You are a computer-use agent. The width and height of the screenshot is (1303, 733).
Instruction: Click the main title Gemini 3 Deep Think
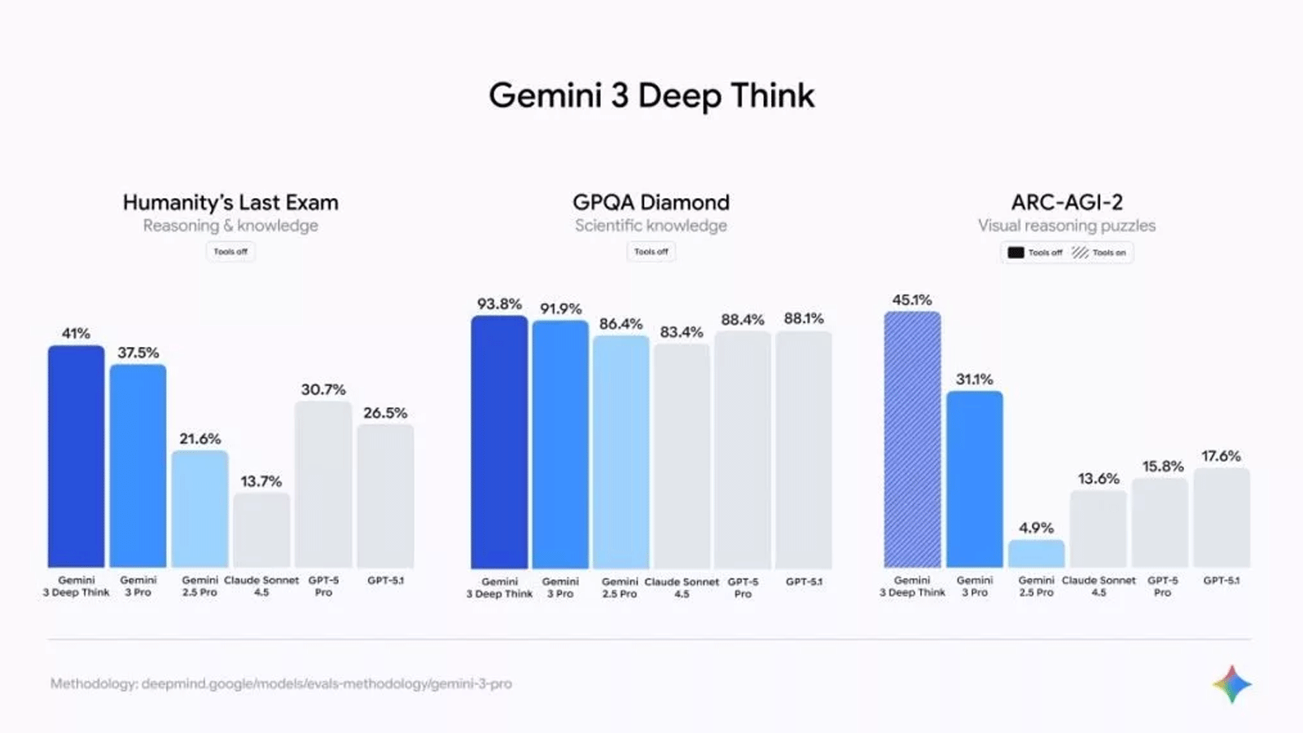[x=651, y=95]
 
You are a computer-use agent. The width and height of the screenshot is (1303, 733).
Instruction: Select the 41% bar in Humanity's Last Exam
[x=76, y=456]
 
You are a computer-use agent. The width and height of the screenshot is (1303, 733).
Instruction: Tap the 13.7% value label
[x=261, y=481]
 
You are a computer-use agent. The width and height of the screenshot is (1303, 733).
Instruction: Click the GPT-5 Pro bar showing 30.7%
[x=323, y=485]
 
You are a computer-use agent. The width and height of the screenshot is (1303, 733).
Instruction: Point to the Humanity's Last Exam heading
[x=230, y=202]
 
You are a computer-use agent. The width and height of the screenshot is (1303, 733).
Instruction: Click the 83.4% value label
[x=682, y=332]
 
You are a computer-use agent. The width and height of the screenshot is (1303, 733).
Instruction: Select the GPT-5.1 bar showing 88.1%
[x=804, y=450]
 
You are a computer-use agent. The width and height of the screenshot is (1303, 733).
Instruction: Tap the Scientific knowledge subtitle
[x=651, y=226]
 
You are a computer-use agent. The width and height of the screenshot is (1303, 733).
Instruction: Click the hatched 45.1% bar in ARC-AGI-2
[x=912, y=440]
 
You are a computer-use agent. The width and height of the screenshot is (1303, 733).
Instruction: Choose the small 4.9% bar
[x=1036, y=554]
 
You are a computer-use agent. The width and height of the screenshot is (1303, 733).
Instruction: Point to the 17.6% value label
[x=1221, y=456]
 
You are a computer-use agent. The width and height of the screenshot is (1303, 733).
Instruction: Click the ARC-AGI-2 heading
[x=1067, y=202]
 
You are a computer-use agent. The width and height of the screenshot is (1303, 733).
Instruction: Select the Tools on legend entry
[x=1099, y=252]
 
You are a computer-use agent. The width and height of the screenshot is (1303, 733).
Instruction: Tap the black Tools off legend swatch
[x=1016, y=252]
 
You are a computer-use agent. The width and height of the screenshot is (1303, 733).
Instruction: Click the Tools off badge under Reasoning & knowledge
[x=230, y=252]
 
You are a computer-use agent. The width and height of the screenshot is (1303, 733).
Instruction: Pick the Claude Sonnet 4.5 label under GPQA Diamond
[x=682, y=587]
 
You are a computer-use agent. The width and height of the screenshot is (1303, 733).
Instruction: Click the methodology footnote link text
[x=281, y=683]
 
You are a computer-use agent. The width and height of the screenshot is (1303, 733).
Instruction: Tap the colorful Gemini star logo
[x=1232, y=684]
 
